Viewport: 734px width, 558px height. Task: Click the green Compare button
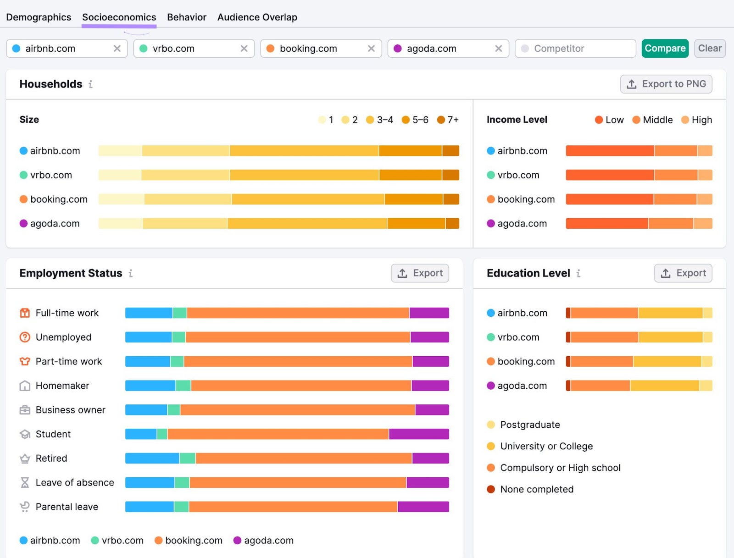[665, 49]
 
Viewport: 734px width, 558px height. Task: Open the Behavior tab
[186, 17]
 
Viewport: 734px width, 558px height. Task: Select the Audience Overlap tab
[257, 17]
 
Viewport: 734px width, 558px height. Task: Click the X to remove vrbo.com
[244, 49]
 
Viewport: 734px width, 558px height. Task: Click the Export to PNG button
[666, 84]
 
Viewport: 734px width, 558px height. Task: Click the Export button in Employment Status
[420, 273]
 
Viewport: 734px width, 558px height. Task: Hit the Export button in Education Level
[683, 273]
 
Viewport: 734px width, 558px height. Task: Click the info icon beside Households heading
[90, 84]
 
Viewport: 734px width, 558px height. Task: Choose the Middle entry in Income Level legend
[652, 120]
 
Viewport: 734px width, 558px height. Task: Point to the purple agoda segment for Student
[418, 434]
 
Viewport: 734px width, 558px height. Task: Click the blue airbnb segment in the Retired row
[152, 459]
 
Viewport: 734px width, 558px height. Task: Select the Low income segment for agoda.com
[606, 224]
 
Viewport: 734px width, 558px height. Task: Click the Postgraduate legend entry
[529, 425]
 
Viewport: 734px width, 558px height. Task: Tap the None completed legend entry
[536, 490]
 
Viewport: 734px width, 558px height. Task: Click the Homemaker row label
[62, 386]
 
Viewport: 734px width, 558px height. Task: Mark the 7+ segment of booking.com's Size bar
[451, 199]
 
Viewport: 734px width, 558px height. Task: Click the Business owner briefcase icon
[25, 410]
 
